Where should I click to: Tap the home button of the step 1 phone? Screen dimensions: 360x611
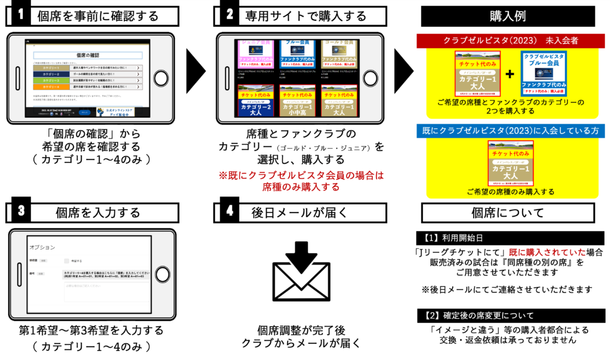click(x=161, y=79)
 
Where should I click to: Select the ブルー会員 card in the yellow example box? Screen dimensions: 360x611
click(x=544, y=73)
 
